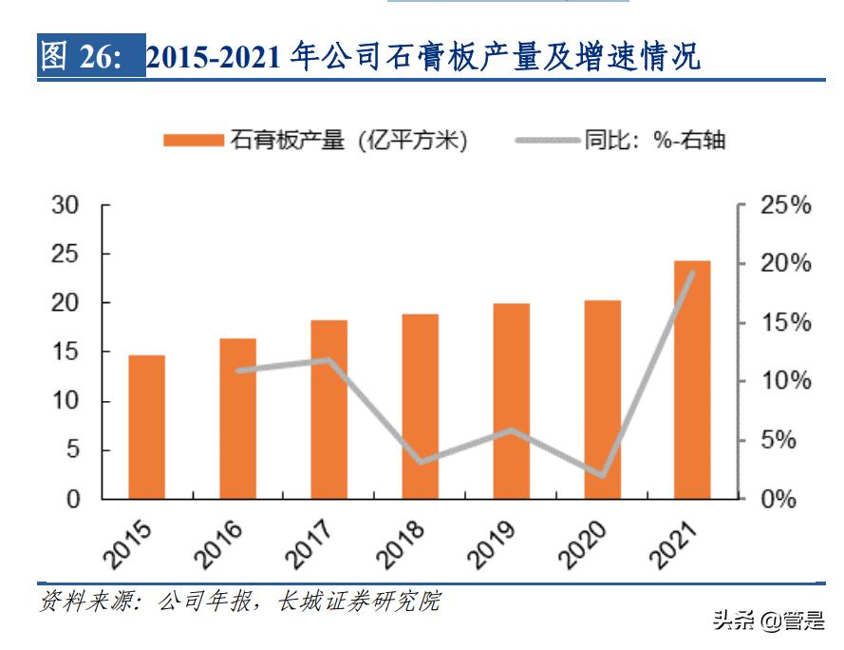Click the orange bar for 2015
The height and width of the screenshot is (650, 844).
pyautogui.click(x=147, y=428)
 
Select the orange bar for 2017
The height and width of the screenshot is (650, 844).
pyautogui.click(x=329, y=410)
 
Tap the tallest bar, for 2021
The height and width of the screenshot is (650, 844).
pyautogui.click(x=693, y=380)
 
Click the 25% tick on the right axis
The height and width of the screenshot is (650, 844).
pyautogui.click(x=786, y=205)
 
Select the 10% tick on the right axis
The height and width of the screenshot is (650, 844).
pyautogui.click(x=786, y=381)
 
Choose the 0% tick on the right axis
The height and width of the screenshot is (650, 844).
pyautogui.click(x=780, y=499)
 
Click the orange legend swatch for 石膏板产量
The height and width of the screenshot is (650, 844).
pyautogui.click(x=194, y=141)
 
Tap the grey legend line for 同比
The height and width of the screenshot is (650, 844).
pyautogui.click(x=549, y=141)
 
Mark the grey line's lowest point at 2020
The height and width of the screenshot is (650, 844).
pyautogui.click(x=602, y=475)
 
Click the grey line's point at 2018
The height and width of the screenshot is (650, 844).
pyautogui.click(x=421, y=462)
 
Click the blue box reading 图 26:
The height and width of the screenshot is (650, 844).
pyautogui.click(x=91, y=58)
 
